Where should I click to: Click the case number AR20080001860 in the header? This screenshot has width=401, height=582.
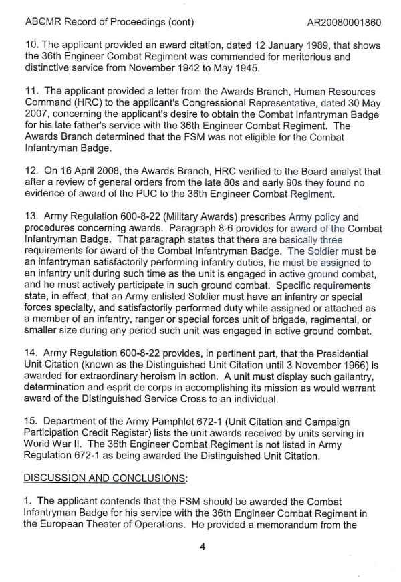click(344, 23)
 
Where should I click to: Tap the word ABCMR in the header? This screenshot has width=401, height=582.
click(43, 23)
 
